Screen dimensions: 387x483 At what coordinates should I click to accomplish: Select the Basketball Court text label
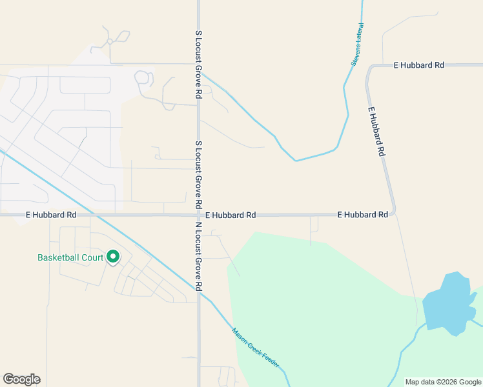pyautogui.click(x=70, y=257)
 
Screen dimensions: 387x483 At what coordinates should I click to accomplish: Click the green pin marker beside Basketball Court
pyautogui.click(x=113, y=257)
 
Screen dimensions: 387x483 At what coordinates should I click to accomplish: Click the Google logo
pyautogui.click(x=21, y=379)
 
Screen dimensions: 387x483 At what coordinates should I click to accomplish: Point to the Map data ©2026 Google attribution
pyautogui.click(x=443, y=382)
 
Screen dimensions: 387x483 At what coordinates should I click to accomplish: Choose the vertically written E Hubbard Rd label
pyautogui.click(x=376, y=132)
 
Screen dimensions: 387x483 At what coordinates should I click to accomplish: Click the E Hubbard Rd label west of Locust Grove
pyautogui.click(x=51, y=215)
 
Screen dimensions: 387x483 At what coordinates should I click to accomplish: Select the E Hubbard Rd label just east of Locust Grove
pyautogui.click(x=231, y=215)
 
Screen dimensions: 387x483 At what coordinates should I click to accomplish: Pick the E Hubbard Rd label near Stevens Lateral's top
pyautogui.click(x=419, y=65)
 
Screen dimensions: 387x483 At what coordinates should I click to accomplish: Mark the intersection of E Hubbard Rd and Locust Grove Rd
pyautogui.click(x=199, y=215)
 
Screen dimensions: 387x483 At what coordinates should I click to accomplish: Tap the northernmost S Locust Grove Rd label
pyautogui.click(x=199, y=63)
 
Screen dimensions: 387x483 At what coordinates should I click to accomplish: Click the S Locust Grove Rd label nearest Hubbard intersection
pyautogui.click(x=199, y=174)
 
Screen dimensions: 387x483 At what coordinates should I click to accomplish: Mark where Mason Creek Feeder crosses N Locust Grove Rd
pyautogui.click(x=199, y=292)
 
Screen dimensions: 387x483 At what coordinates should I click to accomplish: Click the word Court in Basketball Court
pyautogui.click(x=92, y=257)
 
